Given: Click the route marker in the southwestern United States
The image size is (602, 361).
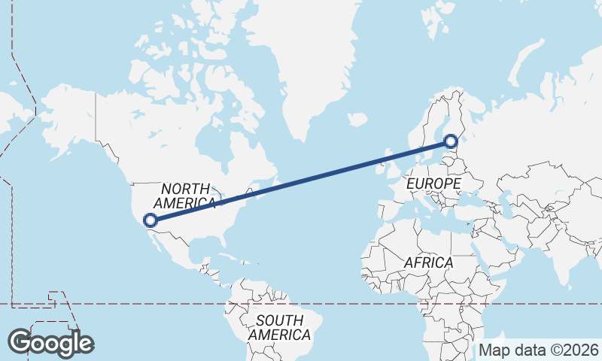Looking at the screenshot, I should click(x=150, y=220).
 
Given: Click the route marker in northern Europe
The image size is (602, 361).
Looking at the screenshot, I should click(x=450, y=141).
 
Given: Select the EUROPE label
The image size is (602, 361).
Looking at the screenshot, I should click(x=433, y=184).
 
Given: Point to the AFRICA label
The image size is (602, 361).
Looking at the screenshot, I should click(x=428, y=262).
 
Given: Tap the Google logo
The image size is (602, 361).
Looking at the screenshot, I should click(x=50, y=343).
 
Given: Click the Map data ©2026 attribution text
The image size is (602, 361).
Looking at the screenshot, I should click(x=539, y=350).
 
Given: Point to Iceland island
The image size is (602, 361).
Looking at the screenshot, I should click(x=357, y=120).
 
